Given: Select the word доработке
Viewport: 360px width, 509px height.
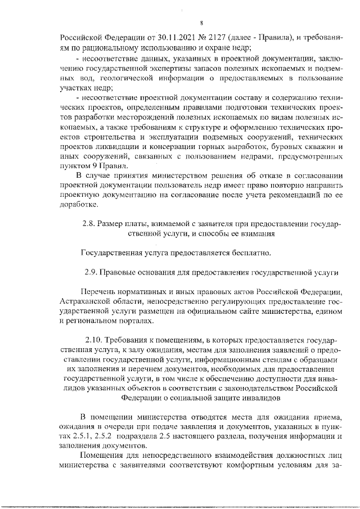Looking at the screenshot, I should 77,204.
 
